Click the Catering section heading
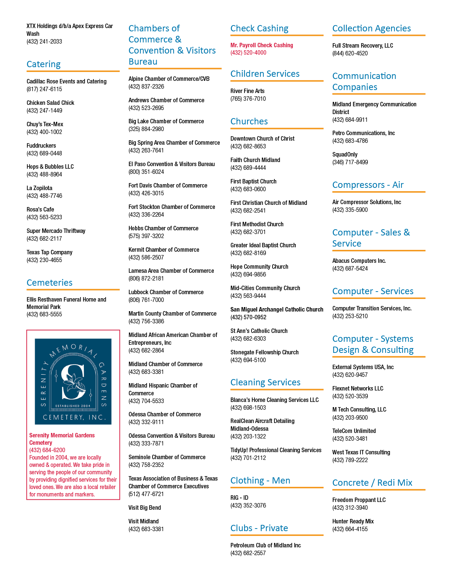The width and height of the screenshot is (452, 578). click(44, 64)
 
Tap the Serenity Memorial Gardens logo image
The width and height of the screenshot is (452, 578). click(73, 381)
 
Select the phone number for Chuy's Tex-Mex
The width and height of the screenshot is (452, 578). click(44, 132)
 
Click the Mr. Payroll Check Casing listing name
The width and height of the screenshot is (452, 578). click(262, 45)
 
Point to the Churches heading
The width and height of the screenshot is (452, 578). click(249, 121)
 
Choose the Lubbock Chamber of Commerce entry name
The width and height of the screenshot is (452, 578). click(166, 292)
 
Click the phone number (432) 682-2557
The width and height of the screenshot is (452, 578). click(248, 553)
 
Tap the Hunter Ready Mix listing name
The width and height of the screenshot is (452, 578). click(353, 521)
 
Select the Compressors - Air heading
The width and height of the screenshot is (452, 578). click(368, 185)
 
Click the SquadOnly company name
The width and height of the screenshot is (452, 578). click(345, 155)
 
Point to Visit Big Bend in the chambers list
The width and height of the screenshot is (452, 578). click(145, 508)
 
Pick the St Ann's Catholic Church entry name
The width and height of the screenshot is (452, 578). click(259, 331)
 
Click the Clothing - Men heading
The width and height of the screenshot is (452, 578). click(260, 481)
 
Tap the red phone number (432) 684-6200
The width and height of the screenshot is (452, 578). click(47, 450)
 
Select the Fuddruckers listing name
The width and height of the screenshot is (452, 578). click(41, 145)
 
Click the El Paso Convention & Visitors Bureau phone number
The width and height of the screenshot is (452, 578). click(146, 172)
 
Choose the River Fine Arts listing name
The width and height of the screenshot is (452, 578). click(247, 91)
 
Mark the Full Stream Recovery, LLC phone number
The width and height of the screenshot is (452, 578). click(350, 53)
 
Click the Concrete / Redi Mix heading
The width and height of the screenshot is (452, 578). click(372, 482)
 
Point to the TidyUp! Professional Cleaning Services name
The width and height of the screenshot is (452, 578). click(276, 450)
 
